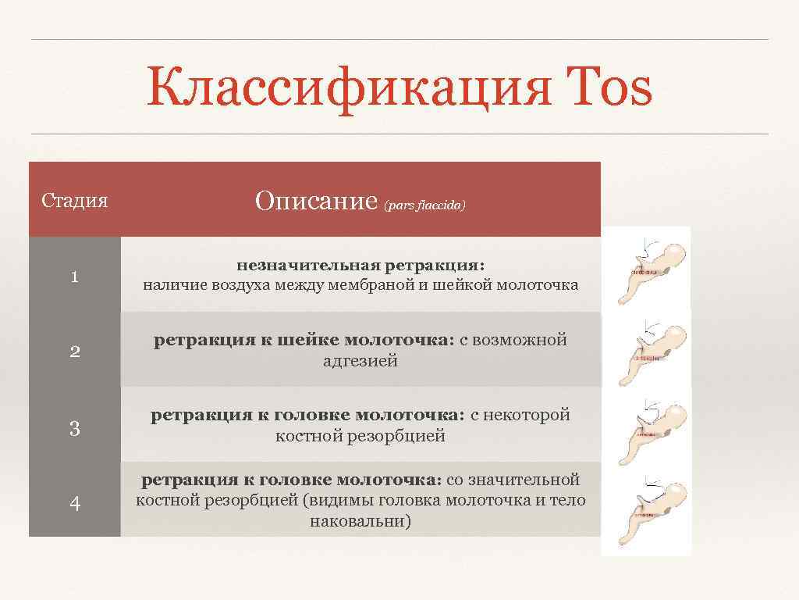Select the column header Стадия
[74, 201]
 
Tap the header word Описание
[316, 202]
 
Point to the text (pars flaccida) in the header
[424, 206]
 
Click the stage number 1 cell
[74, 276]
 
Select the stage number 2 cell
[74, 351]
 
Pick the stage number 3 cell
[74, 428]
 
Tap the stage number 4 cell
[74, 503]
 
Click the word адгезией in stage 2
[360, 361]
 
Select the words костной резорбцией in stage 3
[360, 436]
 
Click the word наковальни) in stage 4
[360, 520]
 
